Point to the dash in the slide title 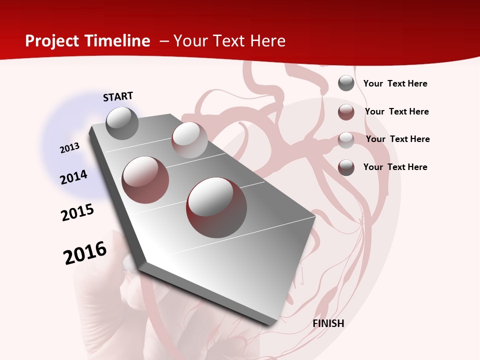pos(164,41)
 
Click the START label pos(118,96)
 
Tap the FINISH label pos(328,323)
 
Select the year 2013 pos(70,148)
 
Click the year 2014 pos(73,177)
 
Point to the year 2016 pos(85,253)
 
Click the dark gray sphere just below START pos(122,123)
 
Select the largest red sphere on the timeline pos(216,207)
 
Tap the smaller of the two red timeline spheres pos(145,179)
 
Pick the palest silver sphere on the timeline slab pos(189,140)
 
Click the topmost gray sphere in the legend pos(346,83)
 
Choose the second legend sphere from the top pos(346,112)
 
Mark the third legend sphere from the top pos(346,140)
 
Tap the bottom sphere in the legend pos(346,167)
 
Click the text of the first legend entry pos(395,83)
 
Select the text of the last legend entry pos(395,167)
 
